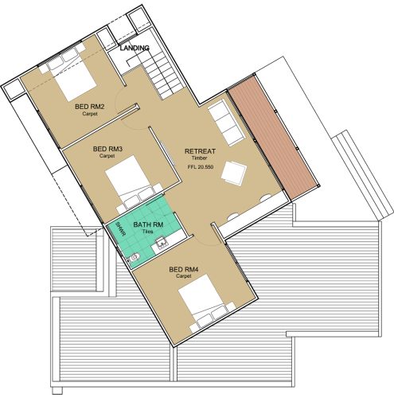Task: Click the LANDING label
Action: (135, 48)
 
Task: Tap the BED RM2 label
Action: (90, 107)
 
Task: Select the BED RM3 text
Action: (107, 149)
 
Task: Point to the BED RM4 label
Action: (184, 270)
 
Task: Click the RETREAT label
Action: (200, 151)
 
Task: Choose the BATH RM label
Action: (148, 224)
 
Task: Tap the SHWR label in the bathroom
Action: (120, 230)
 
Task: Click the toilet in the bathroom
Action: (134, 257)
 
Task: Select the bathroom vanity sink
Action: (161, 243)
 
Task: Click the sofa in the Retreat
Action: (226, 122)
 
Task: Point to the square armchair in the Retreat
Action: (234, 174)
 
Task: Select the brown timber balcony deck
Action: (273, 138)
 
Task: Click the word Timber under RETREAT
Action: (200, 158)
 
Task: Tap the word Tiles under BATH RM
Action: (148, 232)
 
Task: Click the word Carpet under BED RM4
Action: (184, 276)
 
